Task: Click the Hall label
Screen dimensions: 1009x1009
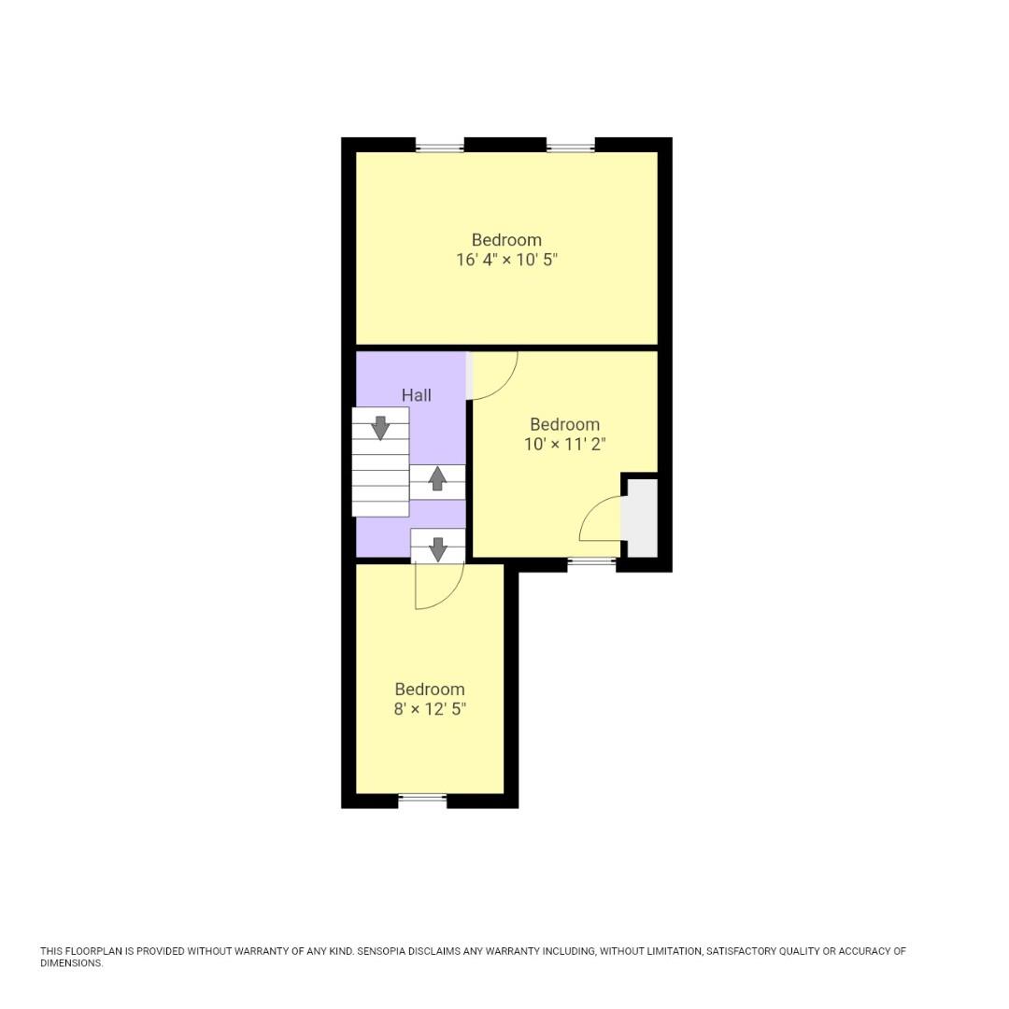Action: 417,395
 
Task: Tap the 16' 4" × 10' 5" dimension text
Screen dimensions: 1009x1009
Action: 506,260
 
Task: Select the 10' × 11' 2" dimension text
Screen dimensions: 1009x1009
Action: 565,444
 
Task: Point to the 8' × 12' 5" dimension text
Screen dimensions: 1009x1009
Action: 430,709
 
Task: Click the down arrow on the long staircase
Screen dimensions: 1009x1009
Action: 380,427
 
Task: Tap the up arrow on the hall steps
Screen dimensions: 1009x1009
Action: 437,478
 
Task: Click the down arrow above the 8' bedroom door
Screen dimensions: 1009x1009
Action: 437,548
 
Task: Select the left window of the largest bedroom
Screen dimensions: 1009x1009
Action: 439,146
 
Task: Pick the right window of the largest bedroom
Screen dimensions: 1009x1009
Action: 570,146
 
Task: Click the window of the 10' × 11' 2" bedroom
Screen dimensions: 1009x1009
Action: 591,562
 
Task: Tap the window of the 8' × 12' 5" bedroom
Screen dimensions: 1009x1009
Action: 422,799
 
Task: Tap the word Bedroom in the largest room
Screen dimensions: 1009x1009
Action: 506,240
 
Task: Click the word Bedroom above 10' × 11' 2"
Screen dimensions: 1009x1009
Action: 565,424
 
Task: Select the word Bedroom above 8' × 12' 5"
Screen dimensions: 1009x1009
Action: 430,689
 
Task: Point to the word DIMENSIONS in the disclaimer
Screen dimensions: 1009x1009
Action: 71,963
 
